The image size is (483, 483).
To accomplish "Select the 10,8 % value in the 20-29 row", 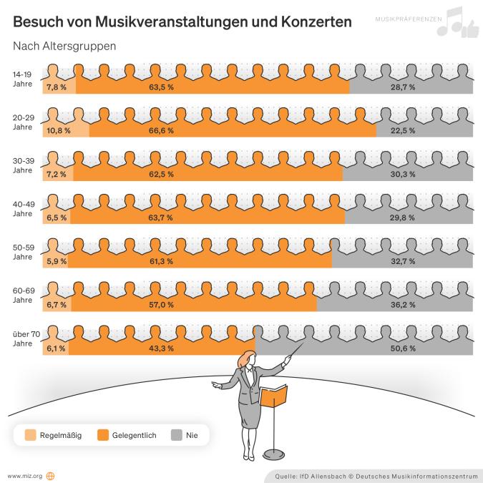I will coord(58,130).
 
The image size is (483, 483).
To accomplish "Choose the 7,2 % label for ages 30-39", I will coord(56,174).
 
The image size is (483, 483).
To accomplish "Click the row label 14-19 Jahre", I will coord(22,78).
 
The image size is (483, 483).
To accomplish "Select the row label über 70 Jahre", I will coord(25,338).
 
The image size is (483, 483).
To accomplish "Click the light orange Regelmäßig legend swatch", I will coord(30,434).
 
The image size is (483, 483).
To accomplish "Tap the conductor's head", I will coord(249,357).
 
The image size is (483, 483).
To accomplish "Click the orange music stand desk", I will coord(273,396).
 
